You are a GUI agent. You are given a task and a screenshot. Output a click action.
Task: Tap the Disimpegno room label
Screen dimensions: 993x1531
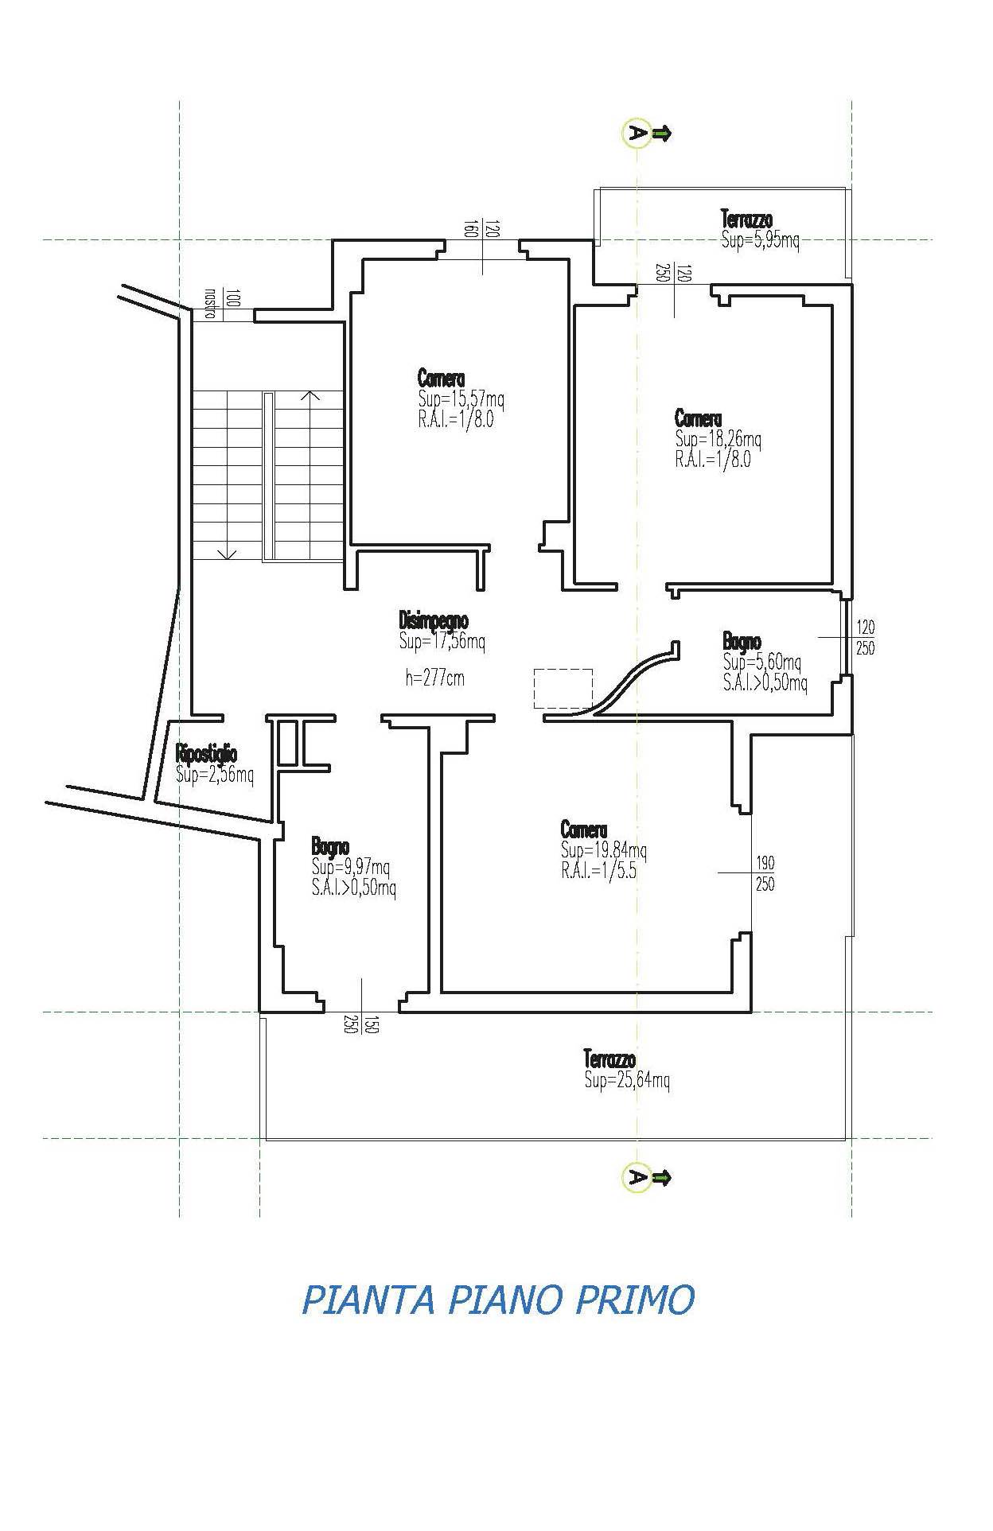point(433,620)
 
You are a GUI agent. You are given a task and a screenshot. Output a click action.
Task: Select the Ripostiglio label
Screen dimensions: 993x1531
point(206,753)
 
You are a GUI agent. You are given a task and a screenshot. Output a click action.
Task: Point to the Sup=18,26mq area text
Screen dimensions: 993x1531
point(718,438)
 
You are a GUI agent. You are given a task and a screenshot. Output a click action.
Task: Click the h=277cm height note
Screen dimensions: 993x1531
point(434,678)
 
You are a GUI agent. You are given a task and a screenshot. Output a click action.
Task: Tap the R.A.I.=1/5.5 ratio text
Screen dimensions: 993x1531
point(598,871)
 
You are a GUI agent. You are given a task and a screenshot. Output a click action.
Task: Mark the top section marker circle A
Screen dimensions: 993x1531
point(635,134)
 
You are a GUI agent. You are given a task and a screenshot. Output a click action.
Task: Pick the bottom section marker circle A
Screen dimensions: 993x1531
point(635,1176)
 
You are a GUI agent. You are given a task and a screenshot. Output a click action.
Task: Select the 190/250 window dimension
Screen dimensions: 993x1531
point(765,872)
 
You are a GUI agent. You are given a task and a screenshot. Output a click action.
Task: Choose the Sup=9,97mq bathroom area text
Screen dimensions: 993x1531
point(351,868)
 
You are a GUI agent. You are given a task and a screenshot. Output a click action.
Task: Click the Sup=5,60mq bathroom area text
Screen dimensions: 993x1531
point(762,662)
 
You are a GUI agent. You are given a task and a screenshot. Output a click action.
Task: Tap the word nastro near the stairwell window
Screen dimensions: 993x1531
point(211,303)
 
